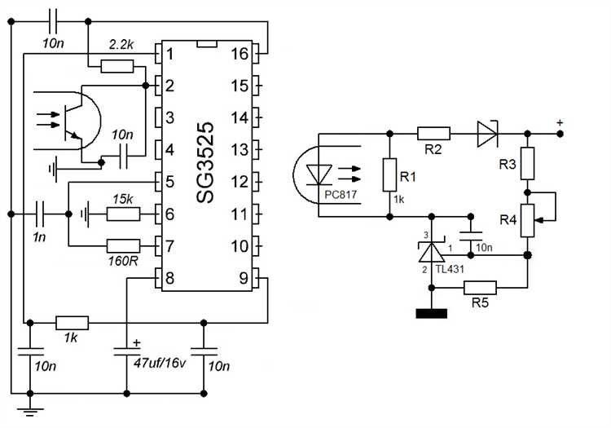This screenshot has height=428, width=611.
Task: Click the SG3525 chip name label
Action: tap(205, 162)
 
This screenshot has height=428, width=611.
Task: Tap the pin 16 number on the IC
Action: tap(240, 54)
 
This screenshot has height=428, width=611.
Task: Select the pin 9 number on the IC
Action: tap(244, 278)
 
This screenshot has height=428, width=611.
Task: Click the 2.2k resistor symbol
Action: tap(116, 66)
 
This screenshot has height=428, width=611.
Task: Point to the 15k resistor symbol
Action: tap(123, 214)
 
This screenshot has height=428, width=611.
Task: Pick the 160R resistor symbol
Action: tap(123, 246)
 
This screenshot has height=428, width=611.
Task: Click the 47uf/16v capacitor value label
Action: tap(160, 364)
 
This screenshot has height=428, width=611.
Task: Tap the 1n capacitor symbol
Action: tap(40, 214)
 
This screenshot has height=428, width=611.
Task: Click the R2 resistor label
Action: tap(433, 149)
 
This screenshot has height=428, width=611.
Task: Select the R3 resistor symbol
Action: tap(527, 163)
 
